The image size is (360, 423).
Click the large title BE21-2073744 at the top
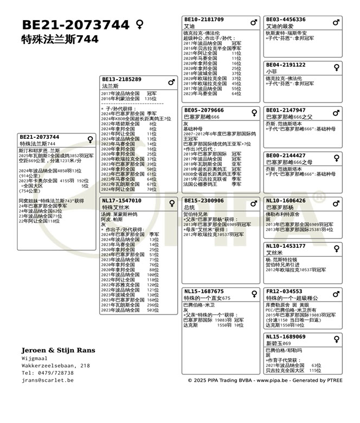75,25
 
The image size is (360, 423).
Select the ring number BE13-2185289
121,79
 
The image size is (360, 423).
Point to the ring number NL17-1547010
121,201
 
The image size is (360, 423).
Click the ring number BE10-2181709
204,20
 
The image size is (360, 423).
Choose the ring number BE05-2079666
204,110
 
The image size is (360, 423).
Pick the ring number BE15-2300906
204,201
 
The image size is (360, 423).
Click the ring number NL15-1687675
204,291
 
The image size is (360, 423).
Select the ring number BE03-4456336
286,20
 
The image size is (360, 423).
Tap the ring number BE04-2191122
286,65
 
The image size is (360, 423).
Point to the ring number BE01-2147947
286,110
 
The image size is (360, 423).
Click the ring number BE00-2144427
286,156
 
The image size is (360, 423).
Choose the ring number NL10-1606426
286,201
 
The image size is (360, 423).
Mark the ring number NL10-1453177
286,246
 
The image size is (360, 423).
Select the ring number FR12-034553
284,291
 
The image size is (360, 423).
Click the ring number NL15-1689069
286,337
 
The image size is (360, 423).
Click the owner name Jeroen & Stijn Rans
58,350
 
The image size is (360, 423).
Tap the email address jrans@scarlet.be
48,380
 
